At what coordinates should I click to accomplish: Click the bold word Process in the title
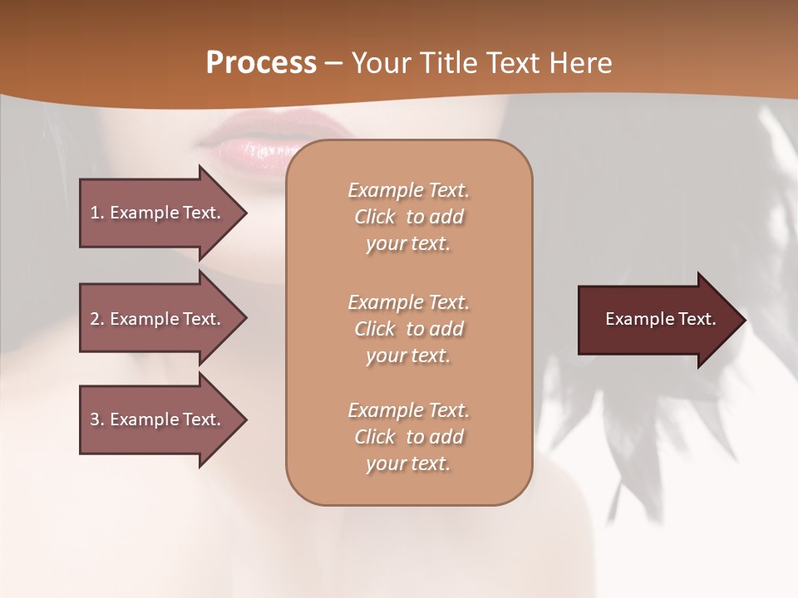click(261, 63)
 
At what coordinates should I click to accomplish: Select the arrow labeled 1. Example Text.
click(158, 213)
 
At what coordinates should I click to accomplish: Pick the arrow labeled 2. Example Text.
click(158, 319)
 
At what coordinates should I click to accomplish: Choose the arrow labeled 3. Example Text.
click(158, 420)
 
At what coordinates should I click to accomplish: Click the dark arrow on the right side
click(657, 320)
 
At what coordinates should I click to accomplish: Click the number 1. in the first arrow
click(97, 213)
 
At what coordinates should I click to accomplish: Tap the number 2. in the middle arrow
click(97, 319)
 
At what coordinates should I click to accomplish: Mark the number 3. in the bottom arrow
click(97, 420)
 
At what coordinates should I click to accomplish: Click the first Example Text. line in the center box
click(408, 190)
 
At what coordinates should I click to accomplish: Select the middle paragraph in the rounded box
click(408, 329)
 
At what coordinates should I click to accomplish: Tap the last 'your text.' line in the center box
click(408, 464)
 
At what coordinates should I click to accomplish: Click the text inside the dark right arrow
click(660, 319)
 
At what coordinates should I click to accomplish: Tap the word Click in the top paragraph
click(375, 218)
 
